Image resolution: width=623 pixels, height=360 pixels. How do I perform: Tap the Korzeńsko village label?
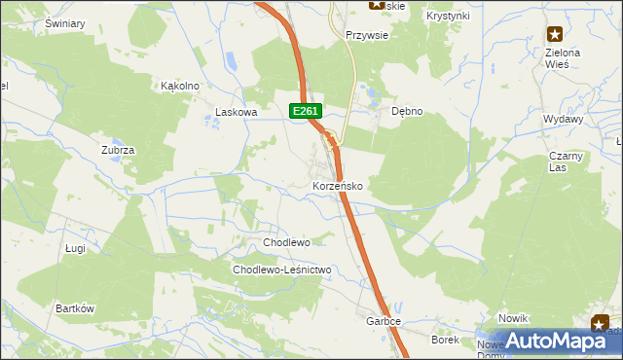pos(338,185)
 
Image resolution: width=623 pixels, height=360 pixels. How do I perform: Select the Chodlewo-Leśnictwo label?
pos(282,270)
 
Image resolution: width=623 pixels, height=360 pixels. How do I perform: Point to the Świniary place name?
pos(65,22)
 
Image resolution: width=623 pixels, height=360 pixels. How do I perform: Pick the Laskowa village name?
pos(236,113)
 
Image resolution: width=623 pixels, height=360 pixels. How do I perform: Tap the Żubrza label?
pos(117,150)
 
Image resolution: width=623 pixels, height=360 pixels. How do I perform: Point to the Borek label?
pos(445,340)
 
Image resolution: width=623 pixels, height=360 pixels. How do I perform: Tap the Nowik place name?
pos(512,319)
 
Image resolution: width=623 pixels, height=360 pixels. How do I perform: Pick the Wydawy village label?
pos(564,119)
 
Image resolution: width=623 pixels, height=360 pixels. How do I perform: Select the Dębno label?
pos(407,111)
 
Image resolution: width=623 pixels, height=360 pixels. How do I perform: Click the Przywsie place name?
pos(367,34)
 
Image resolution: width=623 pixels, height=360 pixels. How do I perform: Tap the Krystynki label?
pos(448,16)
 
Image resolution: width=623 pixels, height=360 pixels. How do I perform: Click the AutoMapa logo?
pos(552,341)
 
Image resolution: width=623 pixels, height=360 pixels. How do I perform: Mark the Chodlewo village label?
pos(286,242)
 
